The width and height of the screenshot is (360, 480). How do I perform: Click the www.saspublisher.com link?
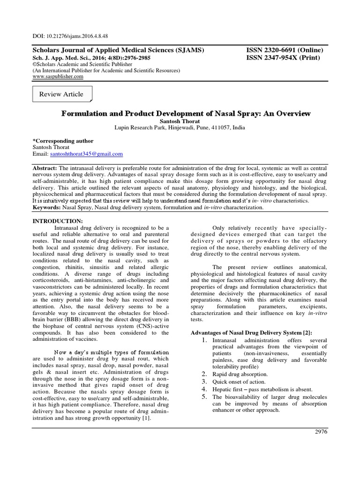point(58,76)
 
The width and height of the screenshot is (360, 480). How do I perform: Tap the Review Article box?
point(61,94)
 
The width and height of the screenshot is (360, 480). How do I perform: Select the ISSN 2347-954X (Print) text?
point(280,58)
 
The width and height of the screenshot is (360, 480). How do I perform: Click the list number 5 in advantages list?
point(204,397)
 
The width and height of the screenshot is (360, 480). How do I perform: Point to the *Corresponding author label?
point(62,141)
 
